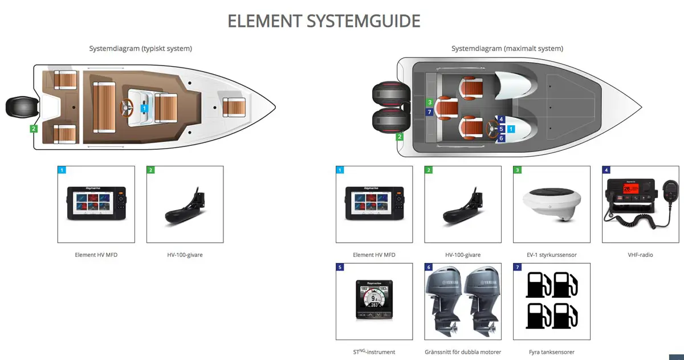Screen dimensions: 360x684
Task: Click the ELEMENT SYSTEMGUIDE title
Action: coord(324,21)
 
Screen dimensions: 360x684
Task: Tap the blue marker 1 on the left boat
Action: coord(144,108)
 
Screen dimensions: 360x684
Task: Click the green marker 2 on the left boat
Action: coord(34,129)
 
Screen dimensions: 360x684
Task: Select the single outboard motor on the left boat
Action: coord(22,107)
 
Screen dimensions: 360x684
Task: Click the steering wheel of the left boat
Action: coord(127,106)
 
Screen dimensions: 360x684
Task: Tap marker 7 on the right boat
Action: coord(429,112)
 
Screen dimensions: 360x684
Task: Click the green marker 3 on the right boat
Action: coord(429,103)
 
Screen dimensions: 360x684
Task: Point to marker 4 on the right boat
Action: coord(501,120)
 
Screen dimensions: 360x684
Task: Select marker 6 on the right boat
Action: coord(501,138)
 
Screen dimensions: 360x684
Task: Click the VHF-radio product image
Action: coord(640,204)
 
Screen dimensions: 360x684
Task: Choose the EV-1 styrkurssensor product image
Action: coord(551,204)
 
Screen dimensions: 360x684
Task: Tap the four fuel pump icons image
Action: coord(551,301)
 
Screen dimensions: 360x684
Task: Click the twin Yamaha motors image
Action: coord(463,301)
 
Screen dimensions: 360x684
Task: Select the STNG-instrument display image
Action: coord(374,301)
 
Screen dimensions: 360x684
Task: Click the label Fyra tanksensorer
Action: coord(551,352)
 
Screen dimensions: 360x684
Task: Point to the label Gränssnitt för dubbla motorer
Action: coord(463,352)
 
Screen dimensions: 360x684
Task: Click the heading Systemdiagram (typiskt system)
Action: coord(140,48)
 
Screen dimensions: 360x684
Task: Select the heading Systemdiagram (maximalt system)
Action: coord(507,48)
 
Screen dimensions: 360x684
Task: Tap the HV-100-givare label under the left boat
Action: coord(185,255)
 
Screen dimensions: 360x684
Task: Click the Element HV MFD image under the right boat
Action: coord(374,204)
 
